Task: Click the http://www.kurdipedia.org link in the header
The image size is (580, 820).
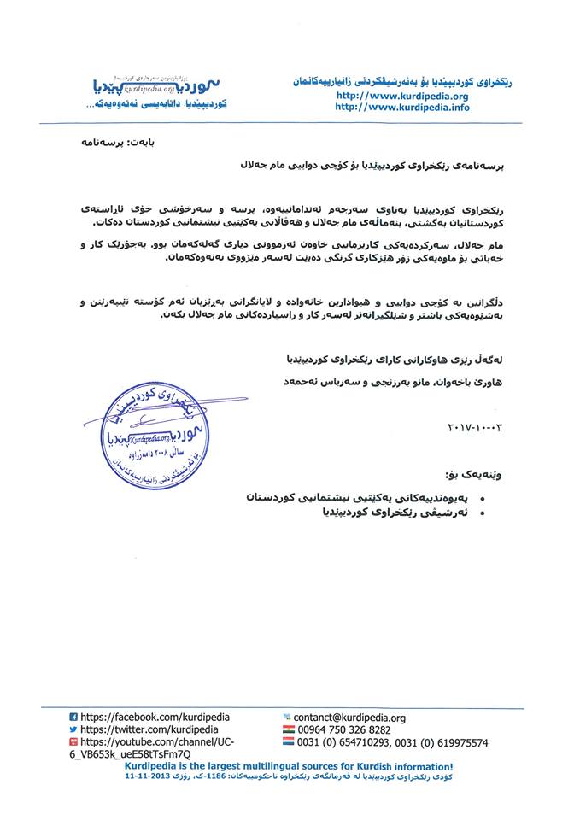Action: coord(402,97)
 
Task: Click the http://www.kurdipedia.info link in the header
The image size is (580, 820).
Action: coord(402,108)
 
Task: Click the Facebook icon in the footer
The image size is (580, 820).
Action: coord(73,718)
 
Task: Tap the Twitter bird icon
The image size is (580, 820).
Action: coord(73,730)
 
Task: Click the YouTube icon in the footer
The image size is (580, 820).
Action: coord(73,743)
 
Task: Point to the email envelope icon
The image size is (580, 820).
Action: coord(287,718)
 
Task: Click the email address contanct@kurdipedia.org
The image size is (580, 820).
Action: coord(349,718)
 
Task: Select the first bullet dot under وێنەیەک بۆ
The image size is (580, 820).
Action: coord(483,499)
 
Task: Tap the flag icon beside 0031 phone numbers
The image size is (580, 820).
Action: coord(288,743)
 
